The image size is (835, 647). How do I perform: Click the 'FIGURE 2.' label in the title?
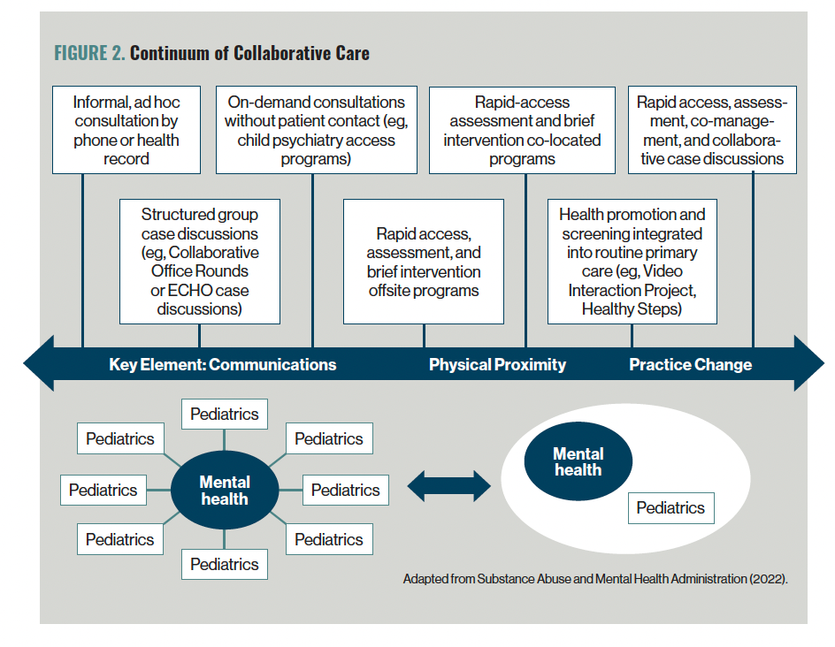89,53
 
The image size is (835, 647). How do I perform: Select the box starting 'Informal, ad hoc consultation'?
126,130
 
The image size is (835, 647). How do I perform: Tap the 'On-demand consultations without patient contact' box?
317,130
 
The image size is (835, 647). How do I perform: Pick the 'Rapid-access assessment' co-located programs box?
522,130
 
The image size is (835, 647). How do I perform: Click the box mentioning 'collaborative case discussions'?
712,130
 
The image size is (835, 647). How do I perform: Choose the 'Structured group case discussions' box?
200,262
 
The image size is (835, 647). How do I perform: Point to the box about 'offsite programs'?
424,262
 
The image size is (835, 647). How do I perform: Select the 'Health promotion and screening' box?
632,262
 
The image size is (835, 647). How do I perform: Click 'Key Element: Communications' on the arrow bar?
223,364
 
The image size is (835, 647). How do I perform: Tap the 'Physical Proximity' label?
497,364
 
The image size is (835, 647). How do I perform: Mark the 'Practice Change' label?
690,364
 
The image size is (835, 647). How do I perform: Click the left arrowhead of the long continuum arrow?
25,363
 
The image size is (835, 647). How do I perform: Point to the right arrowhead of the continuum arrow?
824,363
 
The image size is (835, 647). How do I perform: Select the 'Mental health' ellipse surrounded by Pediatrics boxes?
224,490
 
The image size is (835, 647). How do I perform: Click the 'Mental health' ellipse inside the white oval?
578,461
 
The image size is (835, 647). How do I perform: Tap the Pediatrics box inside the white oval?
671,508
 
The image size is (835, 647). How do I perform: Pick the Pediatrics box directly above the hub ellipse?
224,414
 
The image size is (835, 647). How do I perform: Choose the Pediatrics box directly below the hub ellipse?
224,564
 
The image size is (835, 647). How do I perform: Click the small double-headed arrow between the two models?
449,486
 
